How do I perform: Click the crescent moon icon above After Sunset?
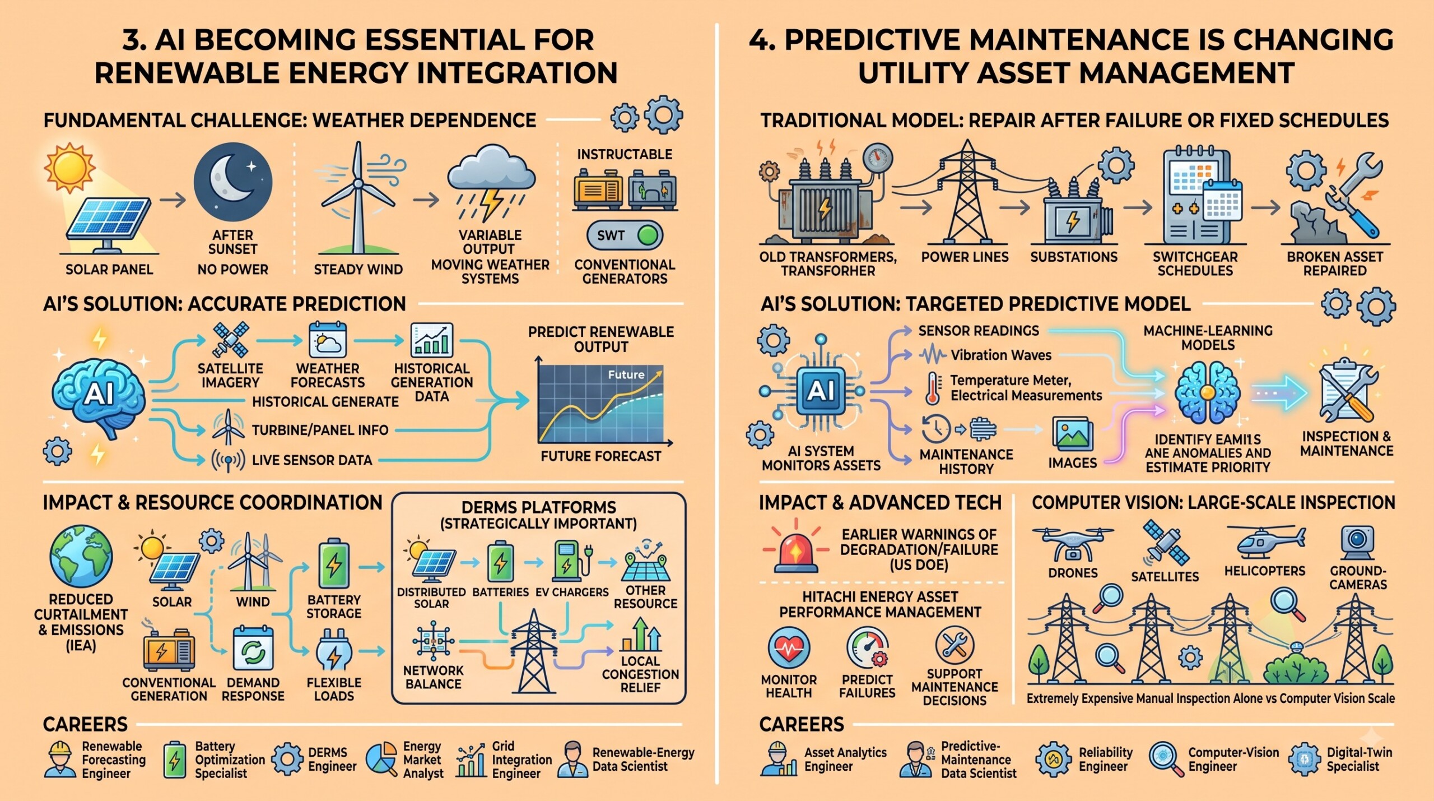coord(232,182)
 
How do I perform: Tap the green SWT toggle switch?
coord(625,235)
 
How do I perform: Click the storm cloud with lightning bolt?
coord(491,183)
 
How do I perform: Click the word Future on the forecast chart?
coord(626,374)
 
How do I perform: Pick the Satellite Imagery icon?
coord(230,340)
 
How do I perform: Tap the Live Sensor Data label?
coord(312,460)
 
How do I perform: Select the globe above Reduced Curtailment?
coord(81,556)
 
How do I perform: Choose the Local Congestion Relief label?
coord(640,674)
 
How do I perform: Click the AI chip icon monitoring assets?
coord(821,391)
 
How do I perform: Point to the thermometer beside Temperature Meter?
coord(932,388)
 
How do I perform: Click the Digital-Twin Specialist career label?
coord(1359,760)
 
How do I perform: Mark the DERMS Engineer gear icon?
coord(288,759)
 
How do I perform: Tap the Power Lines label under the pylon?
coord(965,257)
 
